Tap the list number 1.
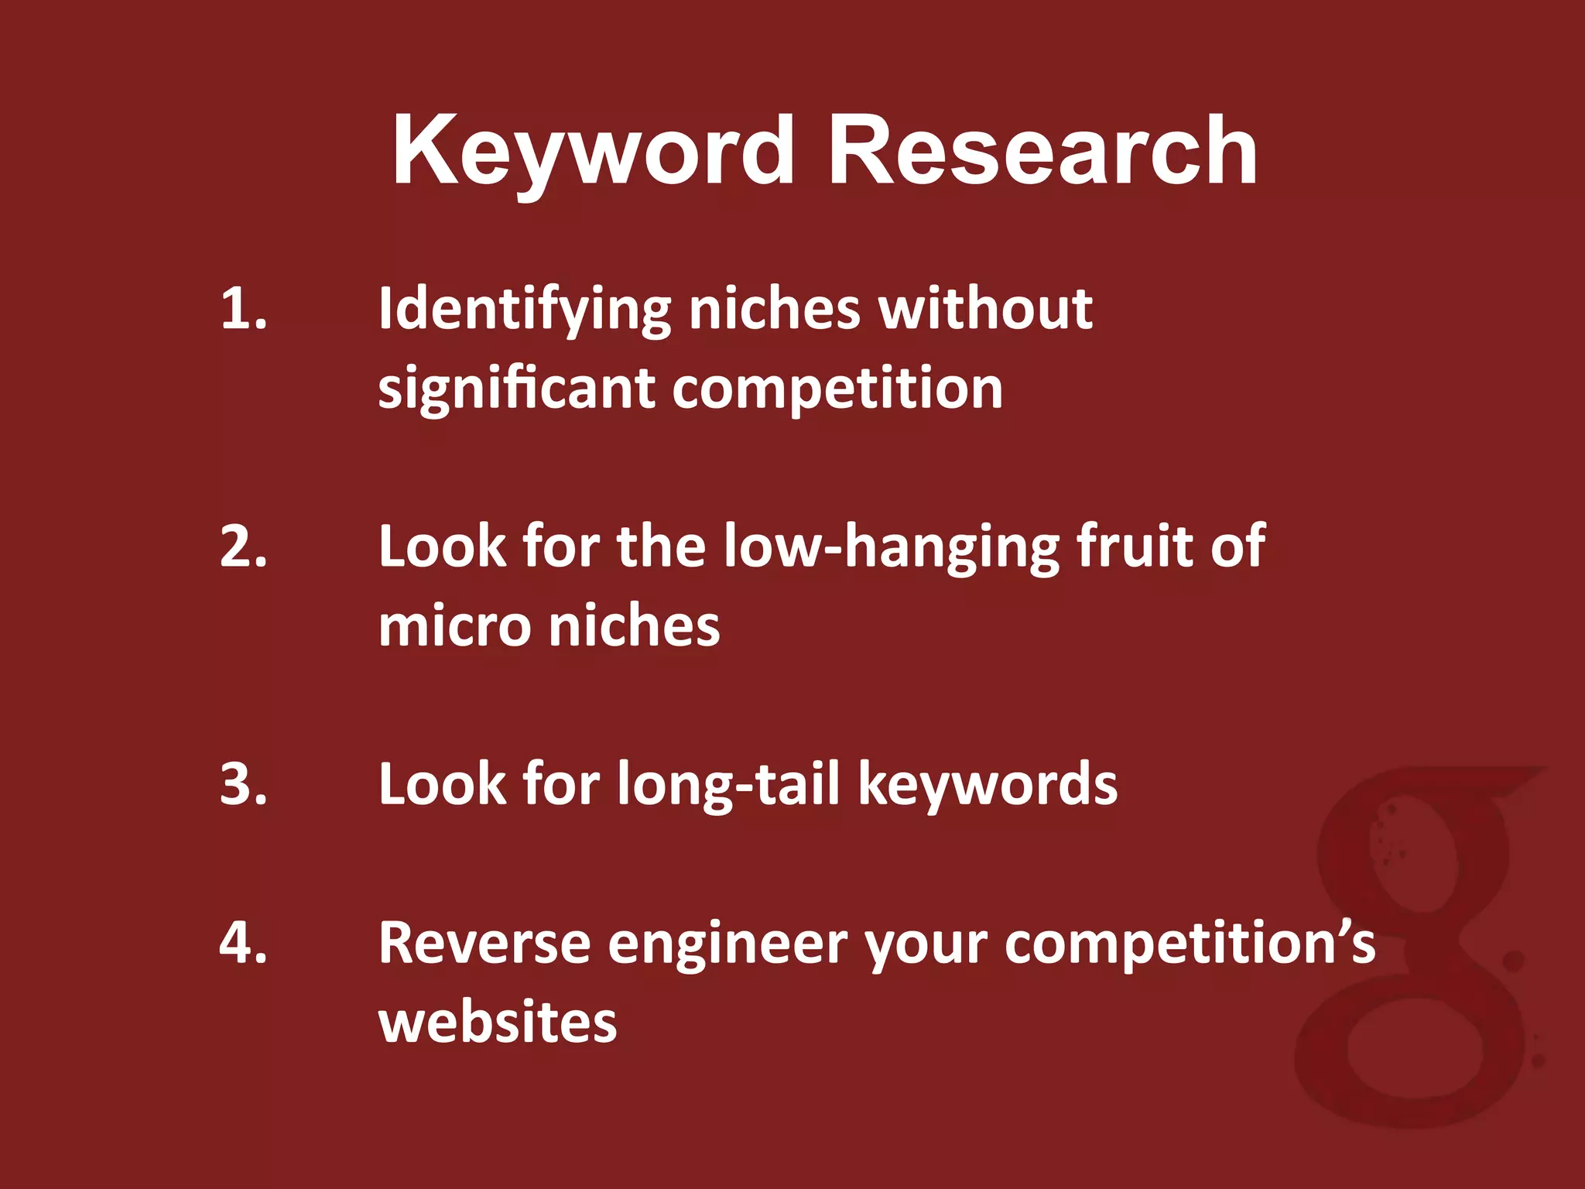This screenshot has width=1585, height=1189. [x=244, y=309]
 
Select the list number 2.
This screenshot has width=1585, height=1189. [x=244, y=547]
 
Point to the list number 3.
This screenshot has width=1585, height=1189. [x=244, y=784]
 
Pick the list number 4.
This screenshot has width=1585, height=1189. [x=244, y=943]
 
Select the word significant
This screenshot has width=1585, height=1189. [x=516, y=389]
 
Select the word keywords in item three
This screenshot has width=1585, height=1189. [x=988, y=784]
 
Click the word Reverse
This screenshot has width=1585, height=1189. [x=484, y=944]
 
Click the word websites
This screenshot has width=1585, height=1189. [x=498, y=1023]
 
